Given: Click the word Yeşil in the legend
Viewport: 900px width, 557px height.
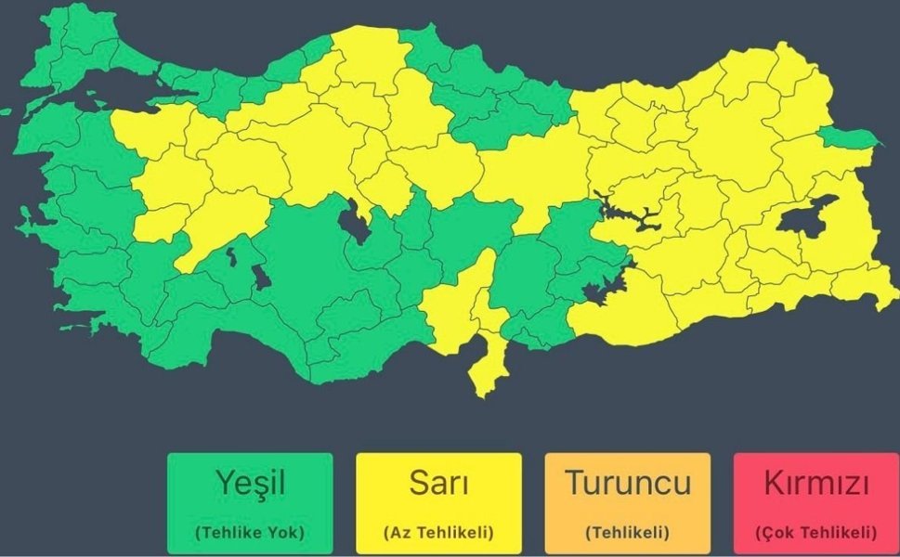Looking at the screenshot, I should point(250,483).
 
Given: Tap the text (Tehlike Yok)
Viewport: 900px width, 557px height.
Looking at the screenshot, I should point(250,533).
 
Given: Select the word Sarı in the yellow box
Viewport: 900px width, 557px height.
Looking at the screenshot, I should point(438,483).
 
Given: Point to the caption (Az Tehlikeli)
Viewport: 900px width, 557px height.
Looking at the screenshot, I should point(438,533).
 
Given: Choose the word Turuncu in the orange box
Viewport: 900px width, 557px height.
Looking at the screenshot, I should point(628,483).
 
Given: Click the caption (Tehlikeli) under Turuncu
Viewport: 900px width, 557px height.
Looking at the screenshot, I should point(628,533).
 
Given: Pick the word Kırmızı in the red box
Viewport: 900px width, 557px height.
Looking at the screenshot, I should point(816,483).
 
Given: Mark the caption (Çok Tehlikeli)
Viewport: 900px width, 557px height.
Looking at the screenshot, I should point(816,533).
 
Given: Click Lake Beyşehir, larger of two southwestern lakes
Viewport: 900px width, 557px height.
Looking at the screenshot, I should point(263,277).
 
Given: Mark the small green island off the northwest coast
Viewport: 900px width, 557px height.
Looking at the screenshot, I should point(6,112).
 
